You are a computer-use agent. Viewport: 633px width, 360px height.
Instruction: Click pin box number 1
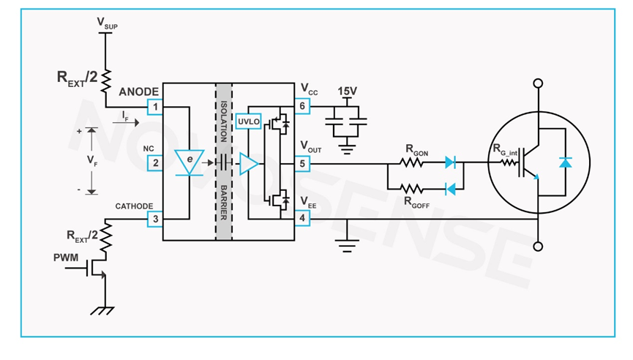(154, 107)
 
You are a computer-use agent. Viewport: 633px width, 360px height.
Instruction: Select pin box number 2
(154, 162)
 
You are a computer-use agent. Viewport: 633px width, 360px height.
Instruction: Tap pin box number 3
(154, 219)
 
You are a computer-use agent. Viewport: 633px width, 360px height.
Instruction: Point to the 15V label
(347, 91)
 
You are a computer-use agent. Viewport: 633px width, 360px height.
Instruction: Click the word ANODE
(139, 91)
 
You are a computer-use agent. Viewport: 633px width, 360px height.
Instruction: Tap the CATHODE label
(134, 206)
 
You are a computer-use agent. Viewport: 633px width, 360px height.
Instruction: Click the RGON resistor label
(418, 149)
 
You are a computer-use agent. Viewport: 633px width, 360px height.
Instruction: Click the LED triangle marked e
(190, 162)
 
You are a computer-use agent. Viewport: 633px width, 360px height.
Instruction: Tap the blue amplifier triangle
(249, 162)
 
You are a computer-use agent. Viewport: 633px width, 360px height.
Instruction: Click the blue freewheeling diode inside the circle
(565, 162)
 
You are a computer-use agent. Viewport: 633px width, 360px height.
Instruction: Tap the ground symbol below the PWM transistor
(102, 310)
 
